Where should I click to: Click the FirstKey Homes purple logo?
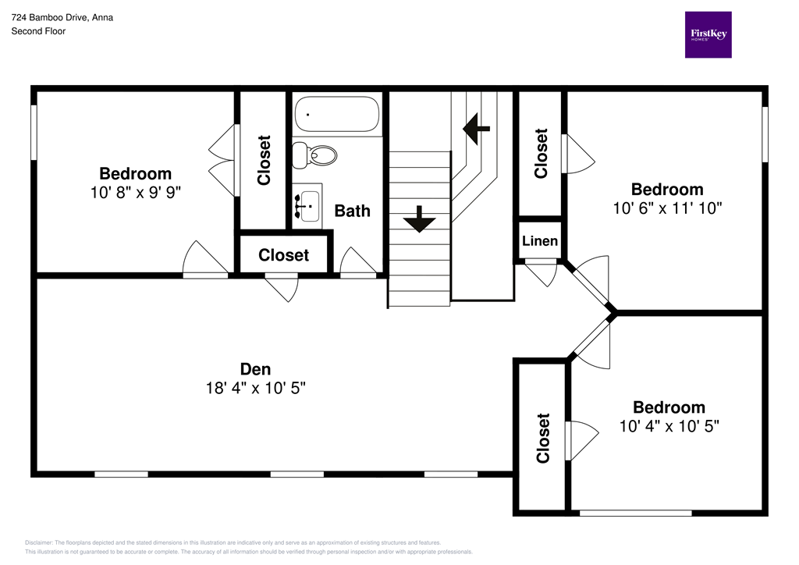tap(708, 34)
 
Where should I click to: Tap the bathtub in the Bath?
tap(337, 114)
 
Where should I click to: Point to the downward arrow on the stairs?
tap(420, 219)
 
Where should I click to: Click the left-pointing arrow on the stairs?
tap(476, 127)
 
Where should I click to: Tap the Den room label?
tap(255, 369)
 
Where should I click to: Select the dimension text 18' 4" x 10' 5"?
tap(255, 388)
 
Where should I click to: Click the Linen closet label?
tap(540, 240)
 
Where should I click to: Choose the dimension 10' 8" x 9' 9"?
tap(135, 192)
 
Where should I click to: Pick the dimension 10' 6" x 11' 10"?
tap(667, 208)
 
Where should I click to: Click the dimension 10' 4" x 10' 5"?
tap(669, 426)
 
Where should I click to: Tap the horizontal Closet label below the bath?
tap(283, 255)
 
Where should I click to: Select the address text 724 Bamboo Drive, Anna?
tap(62, 17)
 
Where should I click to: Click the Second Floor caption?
tap(38, 31)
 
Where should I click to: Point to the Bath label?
tap(352, 211)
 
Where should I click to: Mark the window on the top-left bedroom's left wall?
tap(34, 133)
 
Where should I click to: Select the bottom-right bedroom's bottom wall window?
tap(635, 513)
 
